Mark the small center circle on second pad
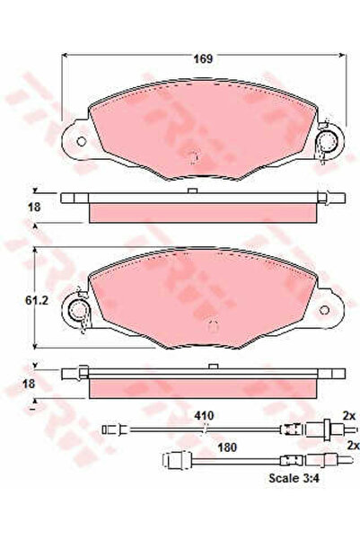[212, 324]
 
